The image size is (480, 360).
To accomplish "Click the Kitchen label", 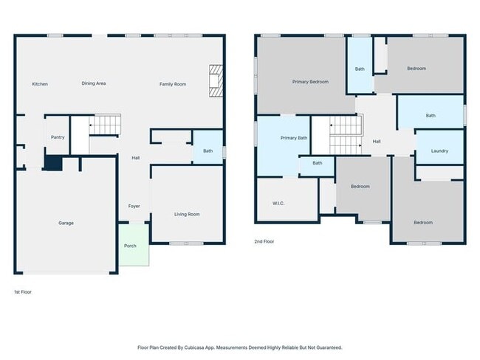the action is (40, 84).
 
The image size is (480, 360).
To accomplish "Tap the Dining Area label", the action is (94, 83).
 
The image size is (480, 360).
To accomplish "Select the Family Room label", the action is (173, 84).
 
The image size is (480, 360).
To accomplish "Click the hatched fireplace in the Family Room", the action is (216, 80).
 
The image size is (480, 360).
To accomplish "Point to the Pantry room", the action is (58, 135).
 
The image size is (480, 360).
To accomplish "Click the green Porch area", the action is (134, 245).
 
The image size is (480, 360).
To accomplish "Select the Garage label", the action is (66, 224).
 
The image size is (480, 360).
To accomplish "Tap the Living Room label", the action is (187, 215).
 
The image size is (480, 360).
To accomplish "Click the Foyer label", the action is (134, 207).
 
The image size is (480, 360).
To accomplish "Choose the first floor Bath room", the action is (208, 147).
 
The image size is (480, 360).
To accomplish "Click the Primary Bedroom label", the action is (310, 82).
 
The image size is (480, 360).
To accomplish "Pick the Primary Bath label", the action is (294, 138).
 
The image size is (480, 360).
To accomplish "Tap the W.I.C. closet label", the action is (278, 204).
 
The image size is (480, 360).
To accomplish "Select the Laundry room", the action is (439, 148).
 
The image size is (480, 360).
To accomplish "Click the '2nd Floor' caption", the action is (264, 242).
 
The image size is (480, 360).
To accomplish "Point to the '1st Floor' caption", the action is (23, 292).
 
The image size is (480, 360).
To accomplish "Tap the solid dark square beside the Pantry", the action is (54, 163).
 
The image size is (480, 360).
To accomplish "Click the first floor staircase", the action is (105, 125).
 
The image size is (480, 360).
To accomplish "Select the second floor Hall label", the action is (377, 142).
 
